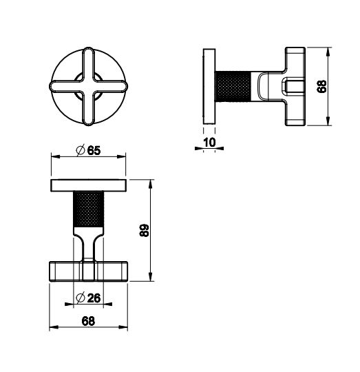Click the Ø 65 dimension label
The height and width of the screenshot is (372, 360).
(x=88, y=150)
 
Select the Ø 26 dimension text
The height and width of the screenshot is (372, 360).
(x=88, y=298)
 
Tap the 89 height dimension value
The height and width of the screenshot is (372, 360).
(x=144, y=230)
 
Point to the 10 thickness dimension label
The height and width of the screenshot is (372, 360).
(x=209, y=143)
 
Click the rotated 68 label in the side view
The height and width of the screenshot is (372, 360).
(x=321, y=87)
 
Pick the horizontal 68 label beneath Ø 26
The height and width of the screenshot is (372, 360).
(x=88, y=322)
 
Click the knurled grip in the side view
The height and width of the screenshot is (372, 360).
(x=233, y=86)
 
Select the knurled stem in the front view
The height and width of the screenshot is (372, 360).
(x=88, y=209)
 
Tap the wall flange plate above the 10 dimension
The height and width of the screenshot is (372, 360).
(x=209, y=87)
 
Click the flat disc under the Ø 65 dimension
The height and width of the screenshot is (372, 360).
(x=88, y=185)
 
